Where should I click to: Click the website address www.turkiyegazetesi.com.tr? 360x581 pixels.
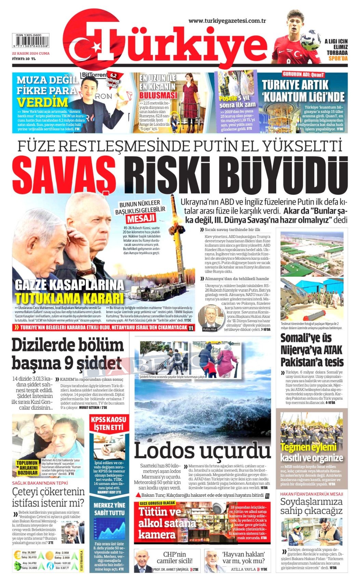click(x=227, y=21)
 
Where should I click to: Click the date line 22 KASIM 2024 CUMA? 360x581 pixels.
click(x=31, y=53)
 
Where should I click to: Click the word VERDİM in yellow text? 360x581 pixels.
click(x=42, y=102)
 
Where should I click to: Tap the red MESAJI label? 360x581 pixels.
click(x=141, y=218)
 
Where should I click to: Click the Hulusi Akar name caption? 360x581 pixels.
click(x=210, y=329)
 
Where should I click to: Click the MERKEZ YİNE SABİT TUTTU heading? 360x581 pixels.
click(x=109, y=509)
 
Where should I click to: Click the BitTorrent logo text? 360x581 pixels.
click(x=94, y=75)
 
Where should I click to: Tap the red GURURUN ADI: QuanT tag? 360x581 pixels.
click(x=303, y=75)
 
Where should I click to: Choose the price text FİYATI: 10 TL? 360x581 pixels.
click(x=24, y=58)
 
